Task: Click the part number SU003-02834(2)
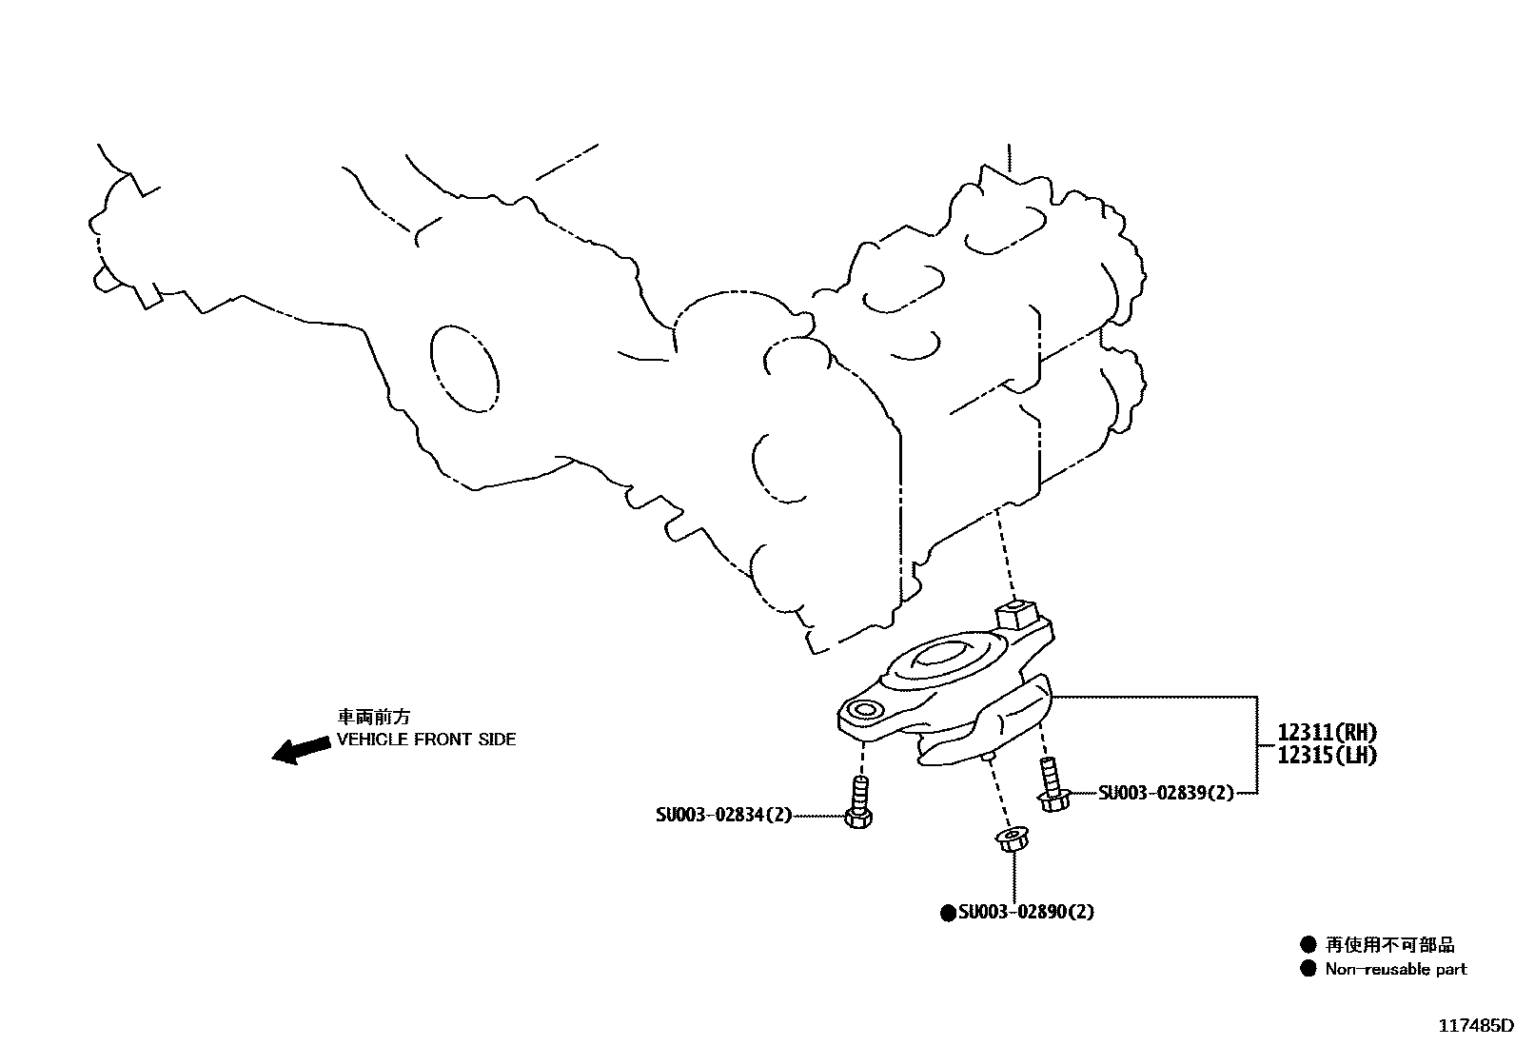click(723, 815)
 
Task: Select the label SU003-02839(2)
click(1165, 793)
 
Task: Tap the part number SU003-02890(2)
click(1026, 912)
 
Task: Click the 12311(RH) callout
click(1327, 733)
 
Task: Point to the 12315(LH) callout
click(1327, 755)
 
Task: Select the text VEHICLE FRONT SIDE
click(426, 740)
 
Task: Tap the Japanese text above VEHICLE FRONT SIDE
click(373, 717)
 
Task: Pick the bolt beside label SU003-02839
click(1052, 785)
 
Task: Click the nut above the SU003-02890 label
click(1009, 841)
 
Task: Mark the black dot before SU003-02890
click(948, 913)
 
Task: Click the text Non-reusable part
click(1396, 970)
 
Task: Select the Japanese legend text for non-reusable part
click(1390, 945)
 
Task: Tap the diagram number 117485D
click(1474, 1026)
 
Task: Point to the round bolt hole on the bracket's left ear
click(865, 710)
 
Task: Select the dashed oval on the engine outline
click(464, 367)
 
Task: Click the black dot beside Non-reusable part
click(1309, 970)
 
